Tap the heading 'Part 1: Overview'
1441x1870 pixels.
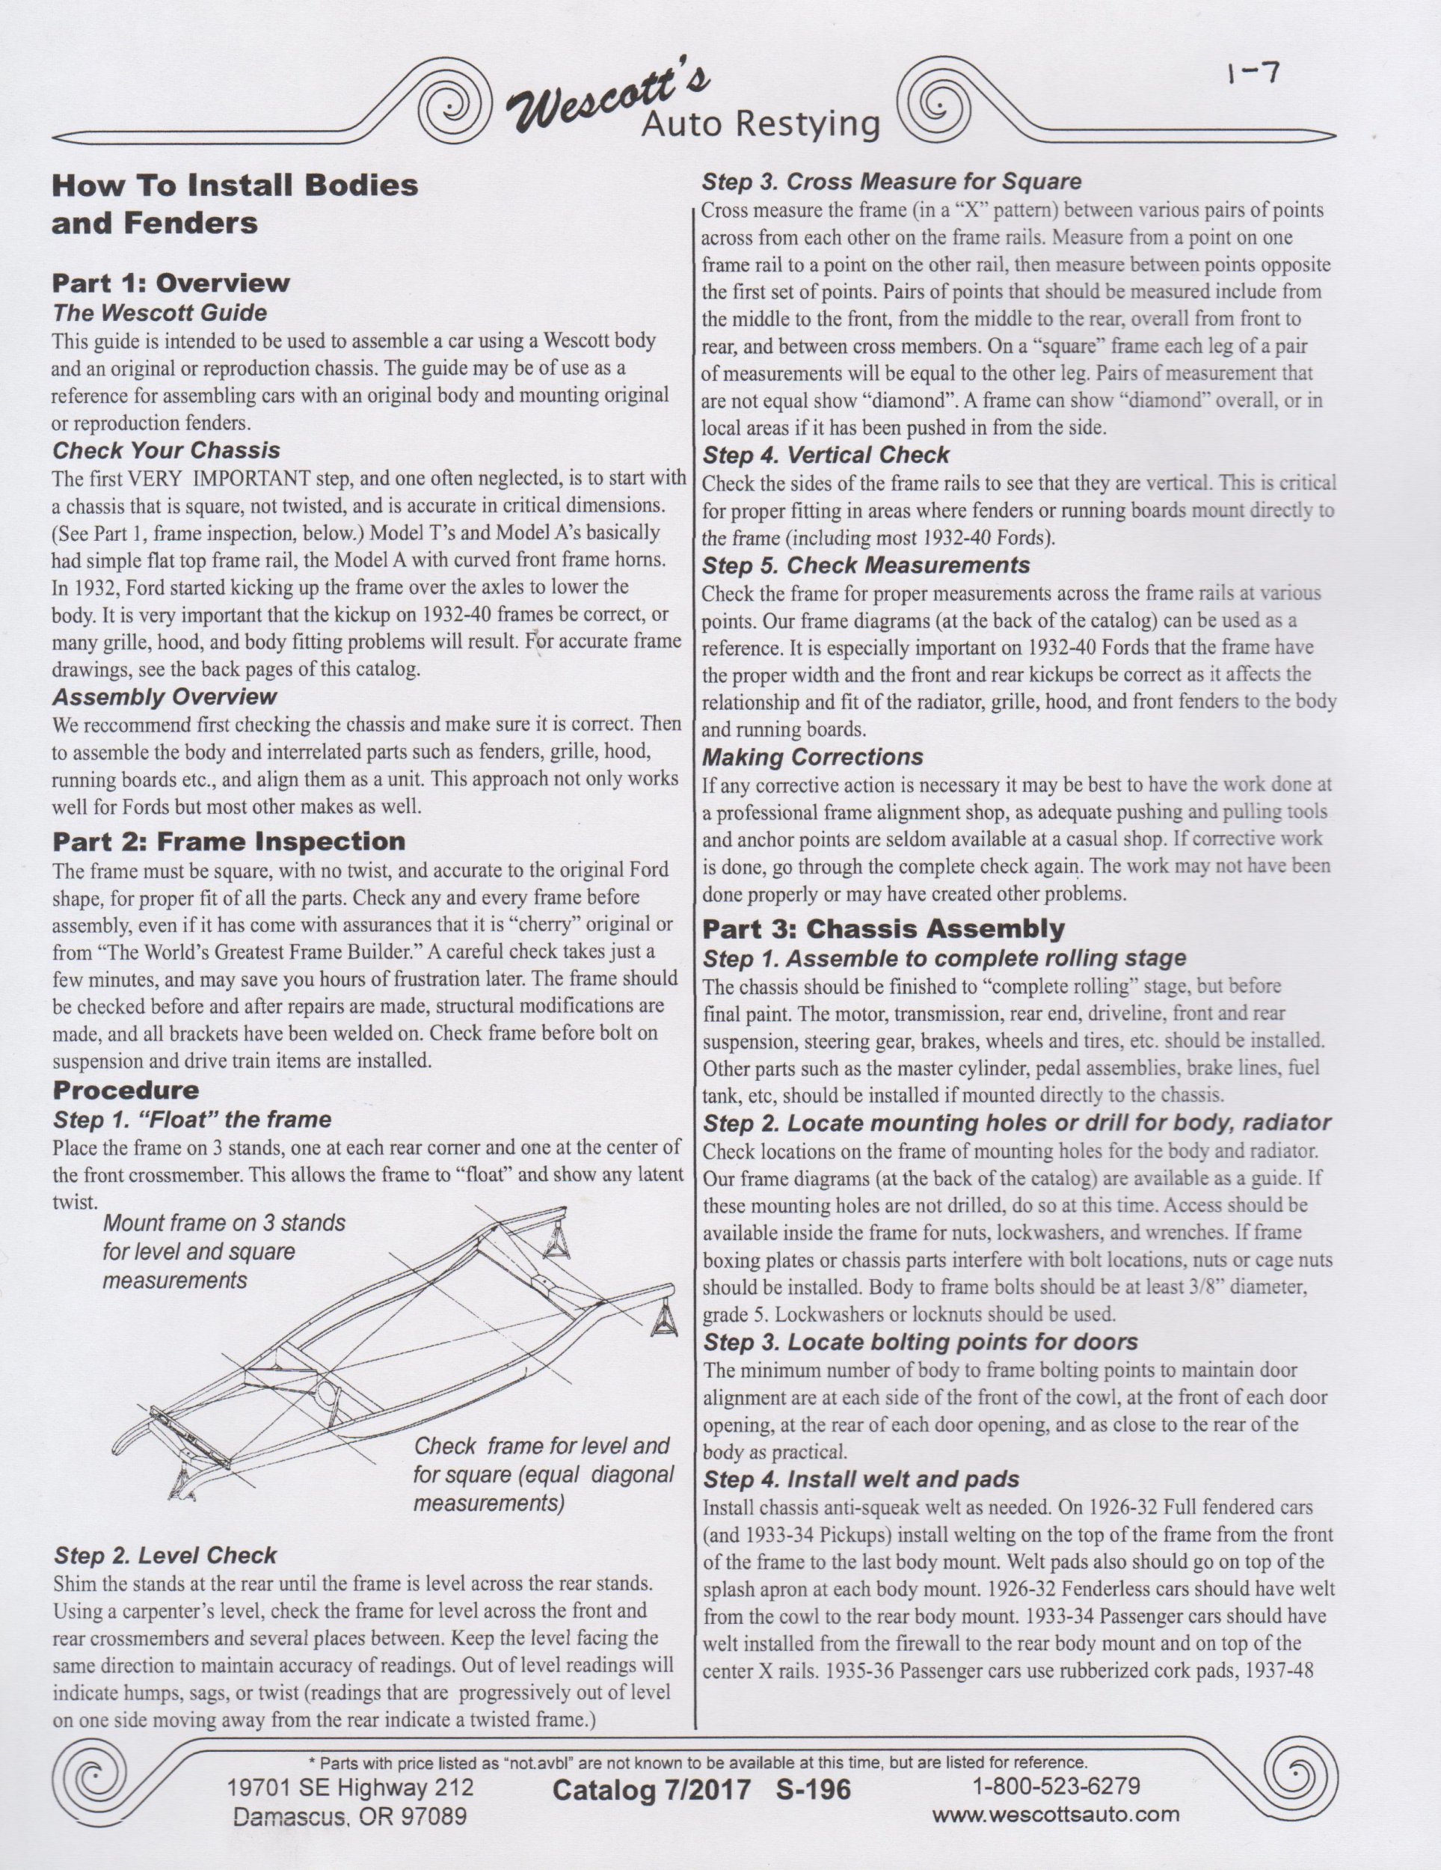pyautogui.click(x=171, y=283)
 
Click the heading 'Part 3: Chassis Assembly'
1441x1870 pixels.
pyautogui.click(x=884, y=928)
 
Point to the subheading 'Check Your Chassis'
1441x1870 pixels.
pyautogui.click(x=166, y=450)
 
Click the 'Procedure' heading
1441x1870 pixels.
pyautogui.click(x=126, y=1090)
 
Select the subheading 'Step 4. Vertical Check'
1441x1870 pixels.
pyautogui.click(x=826, y=455)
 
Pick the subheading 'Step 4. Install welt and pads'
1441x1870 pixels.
pyautogui.click(x=861, y=1479)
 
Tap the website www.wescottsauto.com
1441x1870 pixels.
pyautogui.click(x=1055, y=1813)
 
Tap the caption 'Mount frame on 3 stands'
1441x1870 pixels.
pyautogui.click(x=224, y=1223)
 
